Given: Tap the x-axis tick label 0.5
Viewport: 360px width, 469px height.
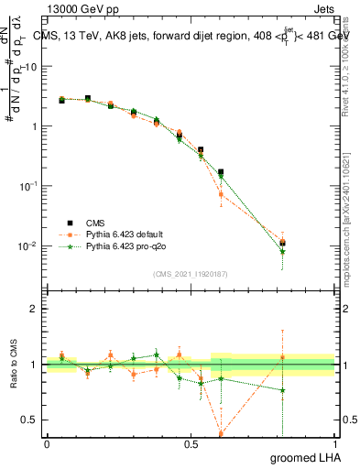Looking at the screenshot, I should point(191,444).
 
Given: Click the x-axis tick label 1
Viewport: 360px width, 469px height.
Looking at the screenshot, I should point(334,444).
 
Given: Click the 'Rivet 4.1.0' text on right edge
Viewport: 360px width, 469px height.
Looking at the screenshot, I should point(346,64).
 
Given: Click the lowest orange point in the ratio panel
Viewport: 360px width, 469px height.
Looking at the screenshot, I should point(221,433).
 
